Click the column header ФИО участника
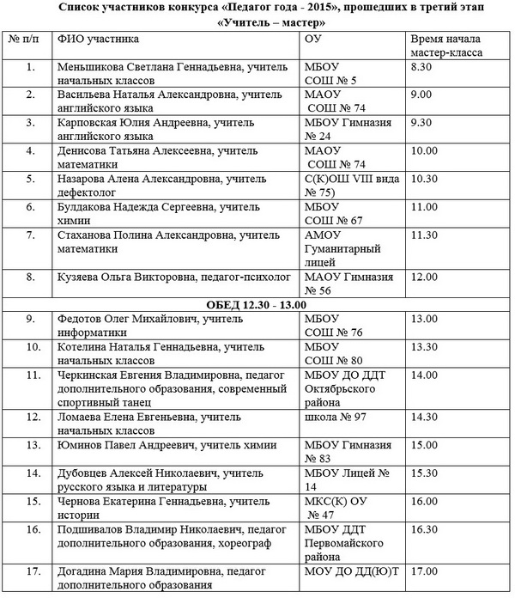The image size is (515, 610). [97, 40]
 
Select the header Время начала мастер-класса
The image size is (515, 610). [445, 46]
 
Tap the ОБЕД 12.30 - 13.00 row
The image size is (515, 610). [257, 305]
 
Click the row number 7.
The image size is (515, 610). [31, 235]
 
